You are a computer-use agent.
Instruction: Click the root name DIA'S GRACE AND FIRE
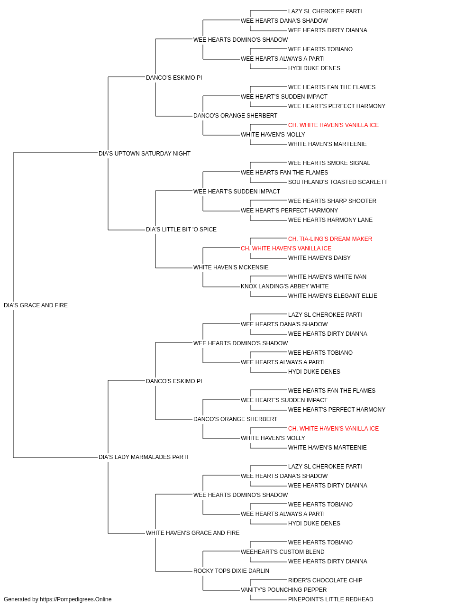pos(36,305)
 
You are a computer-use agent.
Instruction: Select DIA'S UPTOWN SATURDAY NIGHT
pos(144,154)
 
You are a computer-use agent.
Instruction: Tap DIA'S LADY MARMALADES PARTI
pos(143,457)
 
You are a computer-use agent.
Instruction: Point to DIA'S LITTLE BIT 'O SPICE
pos(181,230)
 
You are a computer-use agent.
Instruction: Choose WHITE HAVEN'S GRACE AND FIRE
pos(192,533)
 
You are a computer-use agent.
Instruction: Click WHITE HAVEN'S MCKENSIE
pos(231,267)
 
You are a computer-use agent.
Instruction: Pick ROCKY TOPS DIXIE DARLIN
pos(231,571)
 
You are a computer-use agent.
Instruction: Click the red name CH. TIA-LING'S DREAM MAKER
pos(330,239)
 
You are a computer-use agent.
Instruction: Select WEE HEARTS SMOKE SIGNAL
pos(329,163)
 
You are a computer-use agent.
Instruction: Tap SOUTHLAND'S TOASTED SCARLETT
pos(338,182)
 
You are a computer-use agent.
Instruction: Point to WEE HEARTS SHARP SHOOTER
pos(332,201)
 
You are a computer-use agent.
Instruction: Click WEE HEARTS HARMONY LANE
pos(330,220)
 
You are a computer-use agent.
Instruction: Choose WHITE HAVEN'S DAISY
pos(319,258)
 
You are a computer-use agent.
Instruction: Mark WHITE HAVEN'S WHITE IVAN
pos(327,277)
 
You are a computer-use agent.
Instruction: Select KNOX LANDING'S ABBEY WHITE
pos(284,286)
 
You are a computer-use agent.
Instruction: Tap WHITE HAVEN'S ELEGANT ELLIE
pos(332,296)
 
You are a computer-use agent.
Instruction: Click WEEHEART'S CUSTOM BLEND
pos(283,552)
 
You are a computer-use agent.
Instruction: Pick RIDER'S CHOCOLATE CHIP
pos(325,580)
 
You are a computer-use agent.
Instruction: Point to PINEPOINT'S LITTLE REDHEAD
pos(330,599)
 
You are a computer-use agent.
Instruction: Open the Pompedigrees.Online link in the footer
pos(75,599)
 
